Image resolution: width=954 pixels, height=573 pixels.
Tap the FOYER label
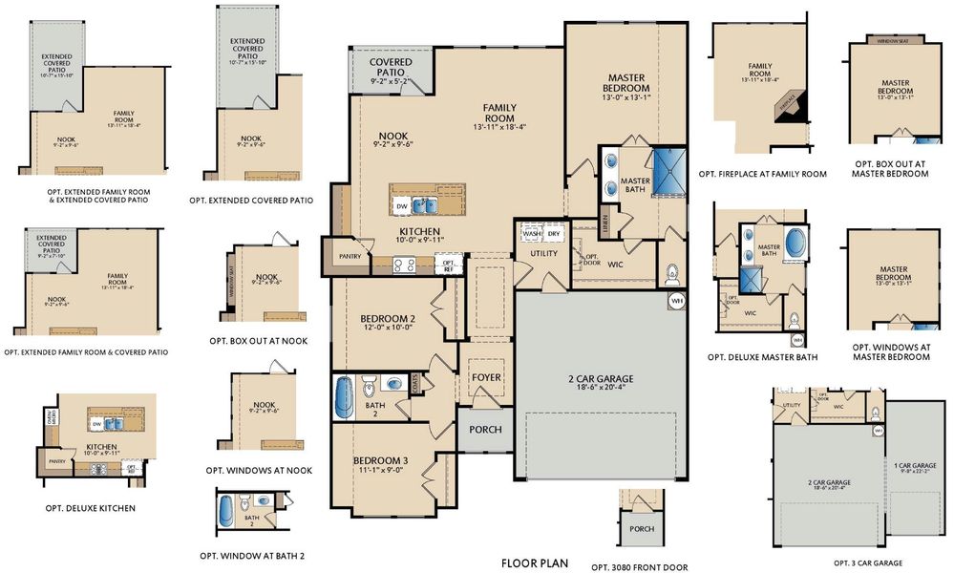(x=486, y=378)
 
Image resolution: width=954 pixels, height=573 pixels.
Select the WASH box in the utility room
(x=531, y=234)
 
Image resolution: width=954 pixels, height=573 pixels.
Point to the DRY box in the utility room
(x=553, y=234)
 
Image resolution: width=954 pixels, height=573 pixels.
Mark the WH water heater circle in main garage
(x=677, y=301)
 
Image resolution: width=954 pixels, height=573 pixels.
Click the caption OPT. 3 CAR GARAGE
(x=867, y=563)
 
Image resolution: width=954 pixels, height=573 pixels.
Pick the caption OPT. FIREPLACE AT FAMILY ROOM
(x=762, y=174)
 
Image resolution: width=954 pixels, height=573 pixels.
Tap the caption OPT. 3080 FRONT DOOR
(x=639, y=567)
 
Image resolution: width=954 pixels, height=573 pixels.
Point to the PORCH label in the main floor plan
(x=485, y=430)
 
